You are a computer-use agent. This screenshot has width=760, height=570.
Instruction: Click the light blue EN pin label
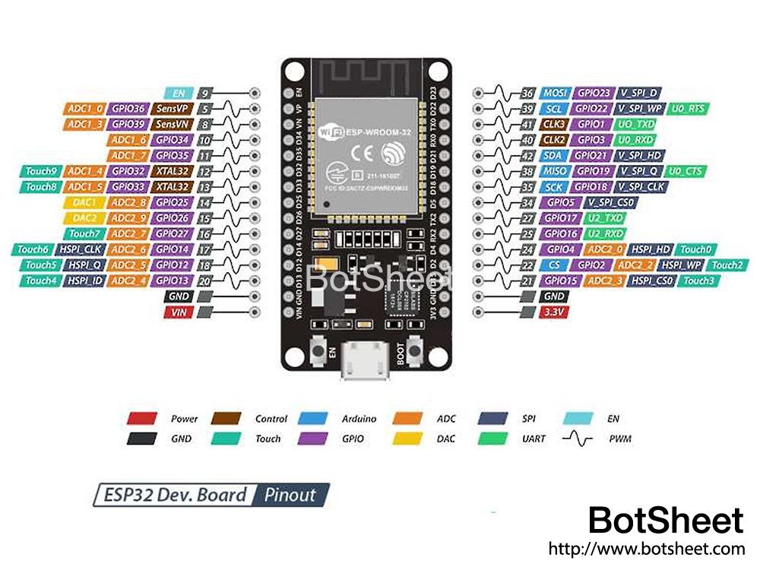click(179, 93)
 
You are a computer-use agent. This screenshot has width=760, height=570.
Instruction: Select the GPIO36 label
click(128, 109)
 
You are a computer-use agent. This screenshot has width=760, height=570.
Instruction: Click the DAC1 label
click(84, 203)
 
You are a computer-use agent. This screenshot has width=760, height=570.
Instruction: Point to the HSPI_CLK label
click(81, 249)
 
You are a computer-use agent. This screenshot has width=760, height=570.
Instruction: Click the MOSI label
click(554, 93)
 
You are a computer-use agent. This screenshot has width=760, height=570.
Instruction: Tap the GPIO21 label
click(591, 155)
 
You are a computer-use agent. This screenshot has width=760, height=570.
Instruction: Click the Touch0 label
click(695, 249)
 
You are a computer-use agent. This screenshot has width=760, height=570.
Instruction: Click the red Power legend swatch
click(141, 418)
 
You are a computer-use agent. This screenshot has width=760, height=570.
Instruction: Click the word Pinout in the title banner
click(290, 495)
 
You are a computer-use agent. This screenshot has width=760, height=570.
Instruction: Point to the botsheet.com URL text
click(646, 549)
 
